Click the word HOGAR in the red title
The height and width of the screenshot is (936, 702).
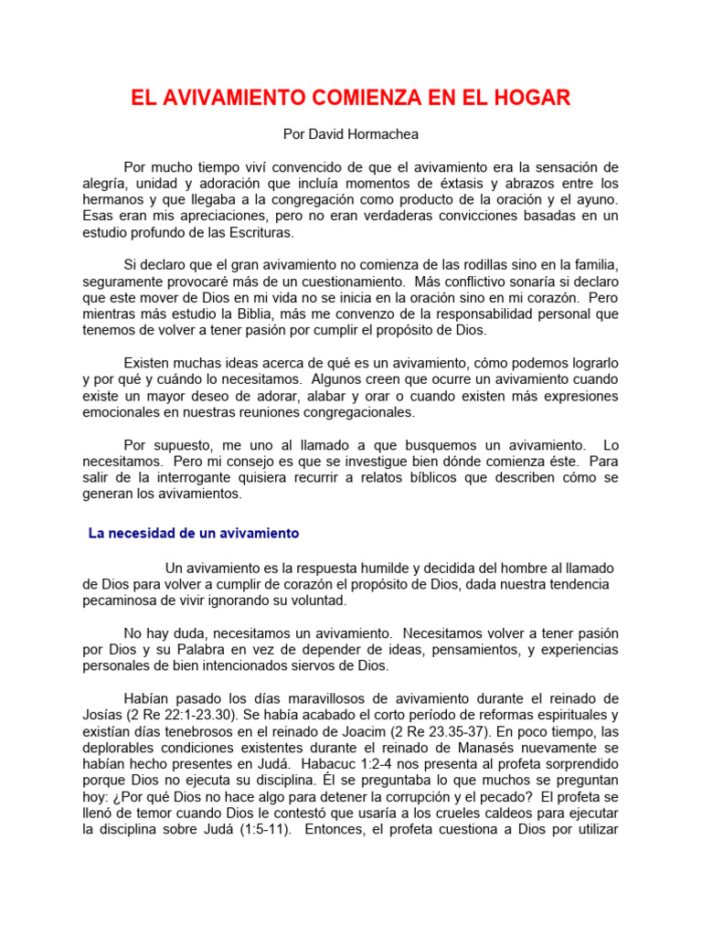[534, 99]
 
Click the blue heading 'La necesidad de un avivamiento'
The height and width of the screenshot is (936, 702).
[194, 533]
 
